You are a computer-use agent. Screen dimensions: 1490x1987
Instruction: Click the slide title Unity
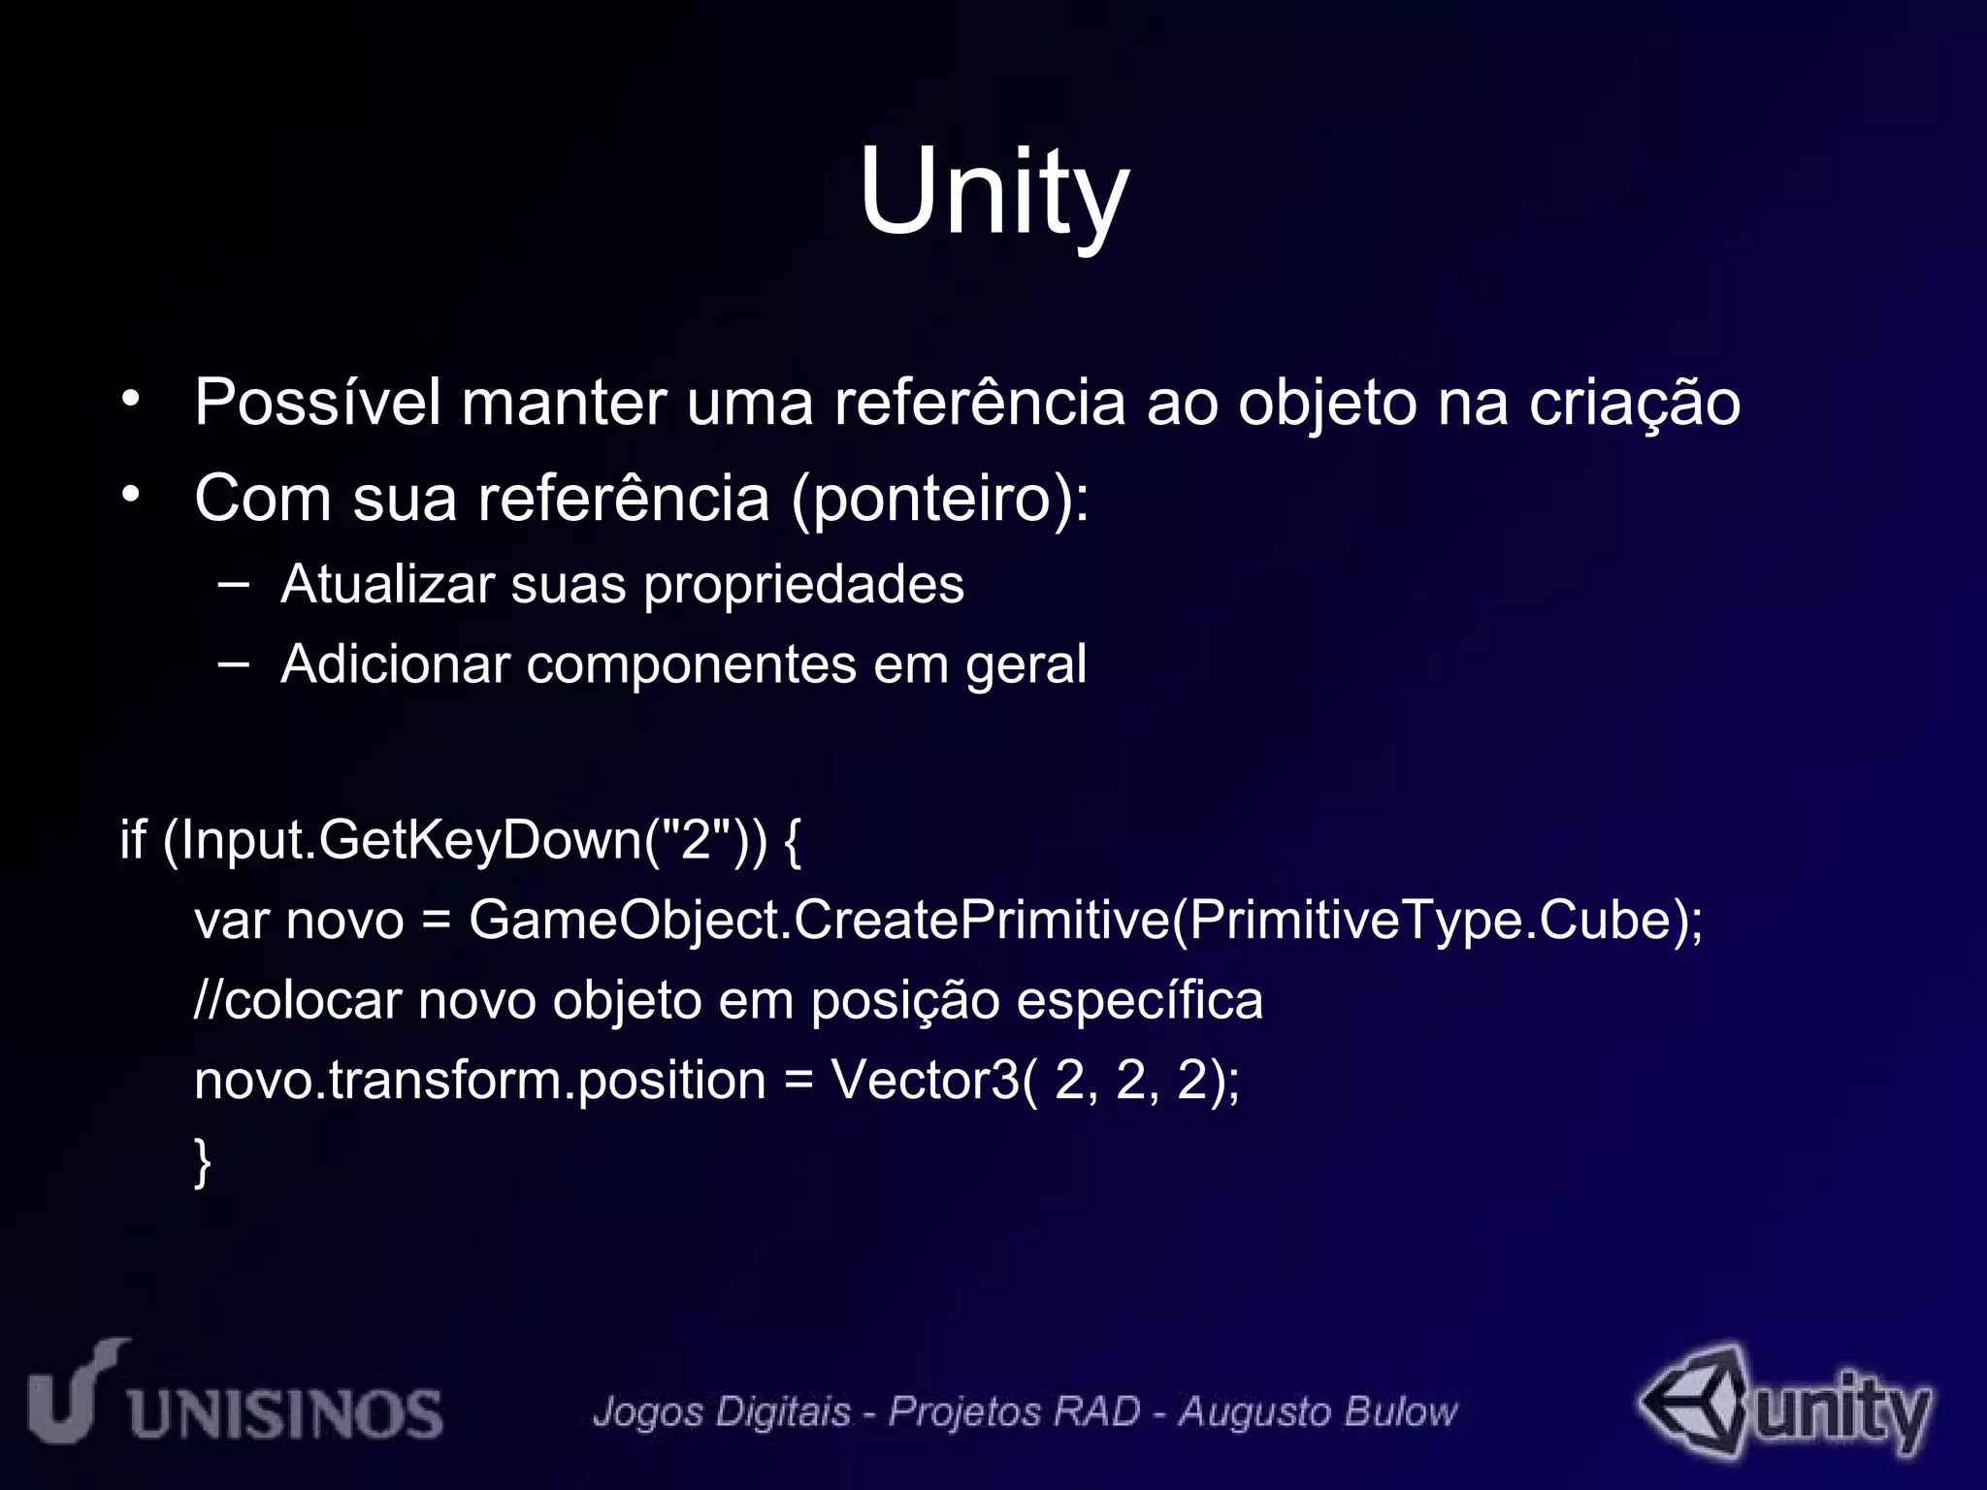pyautogui.click(x=993, y=191)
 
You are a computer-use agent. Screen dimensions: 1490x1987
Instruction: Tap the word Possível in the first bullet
pyautogui.click(x=317, y=402)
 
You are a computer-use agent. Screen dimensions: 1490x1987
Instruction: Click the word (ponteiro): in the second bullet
pyautogui.click(x=940, y=500)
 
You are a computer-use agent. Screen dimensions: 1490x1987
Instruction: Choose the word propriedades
pyautogui.click(x=803, y=586)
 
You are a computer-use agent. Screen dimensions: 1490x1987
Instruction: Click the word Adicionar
pyautogui.click(x=395, y=664)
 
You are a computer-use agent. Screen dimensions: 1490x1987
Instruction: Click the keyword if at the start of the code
pyautogui.click(x=133, y=839)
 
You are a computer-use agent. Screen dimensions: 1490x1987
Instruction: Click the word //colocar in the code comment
pyautogui.click(x=298, y=1000)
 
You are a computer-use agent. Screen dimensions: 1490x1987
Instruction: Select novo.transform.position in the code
pyautogui.click(x=479, y=1080)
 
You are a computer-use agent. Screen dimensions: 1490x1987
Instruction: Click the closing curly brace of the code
pyautogui.click(x=202, y=1162)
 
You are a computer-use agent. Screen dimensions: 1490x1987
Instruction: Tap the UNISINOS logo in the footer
pyautogui.click(x=236, y=1397)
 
